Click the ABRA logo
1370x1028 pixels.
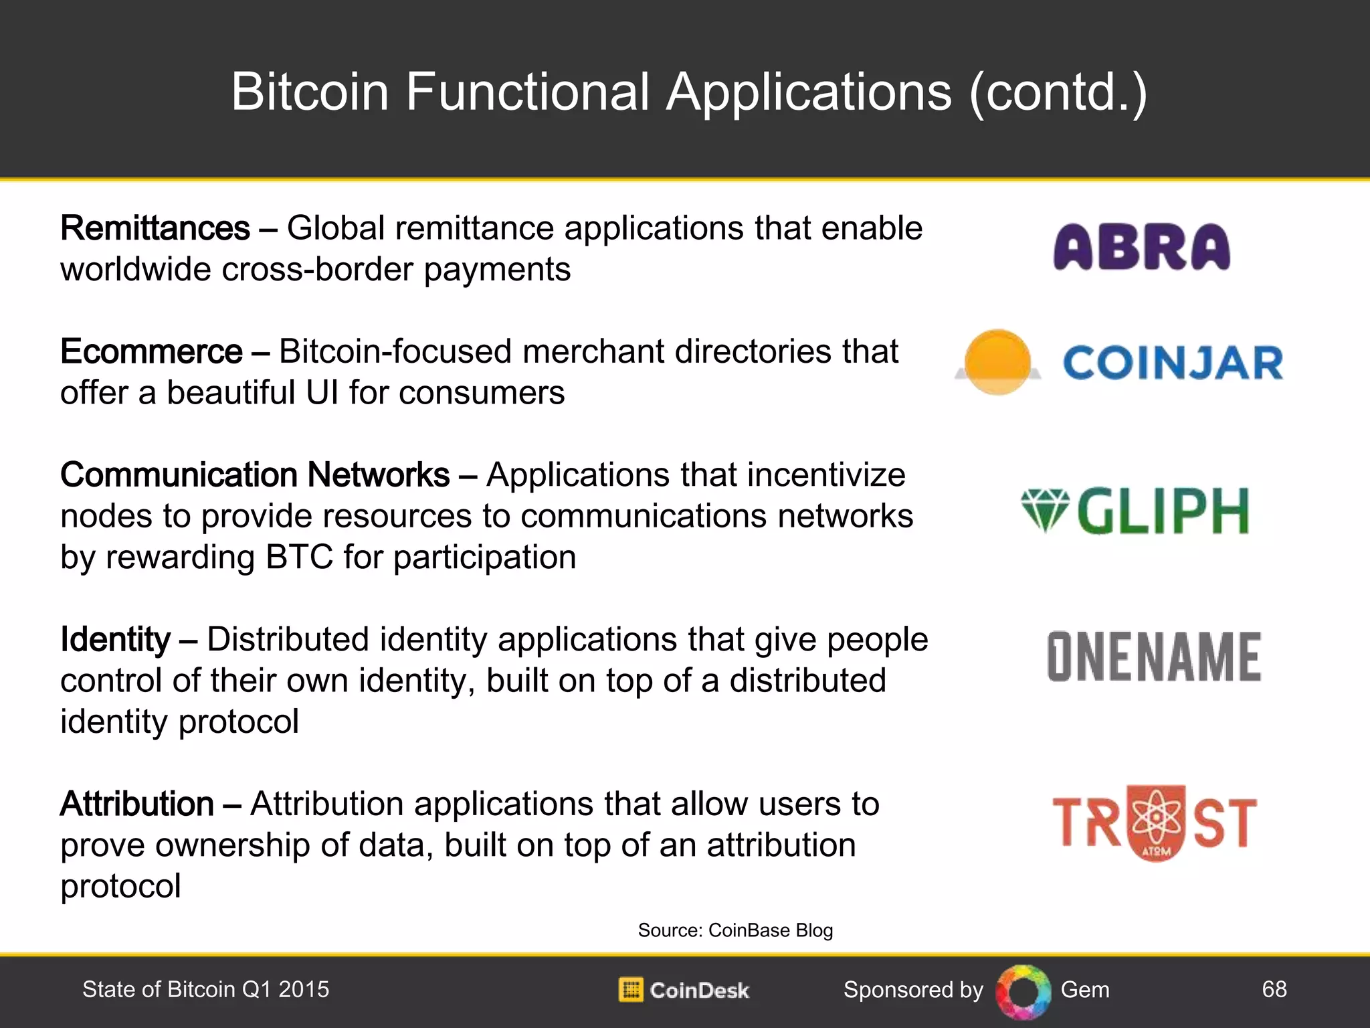pos(1141,247)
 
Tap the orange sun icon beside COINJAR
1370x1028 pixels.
pos(997,362)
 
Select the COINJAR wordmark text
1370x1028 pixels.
pos(1173,363)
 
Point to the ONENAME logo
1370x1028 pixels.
pos(1154,657)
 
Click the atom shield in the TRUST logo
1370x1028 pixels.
pos(1156,823)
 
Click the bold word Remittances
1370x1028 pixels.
pos(155,228)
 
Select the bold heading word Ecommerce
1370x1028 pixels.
pos(151,352)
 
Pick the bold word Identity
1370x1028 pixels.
pos(116,640)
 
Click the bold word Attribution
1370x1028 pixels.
pos(137,804)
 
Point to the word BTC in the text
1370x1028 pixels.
pos(299,558)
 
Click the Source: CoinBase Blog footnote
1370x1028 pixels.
pos(735,930)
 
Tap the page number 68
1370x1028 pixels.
pos(1274,989)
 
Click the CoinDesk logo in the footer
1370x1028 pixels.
pos(684,990)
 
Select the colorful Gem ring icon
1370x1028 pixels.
pos(1023,991)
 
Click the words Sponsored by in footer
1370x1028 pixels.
pos(913,990)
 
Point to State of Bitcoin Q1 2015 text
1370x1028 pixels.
pos(205,989)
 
